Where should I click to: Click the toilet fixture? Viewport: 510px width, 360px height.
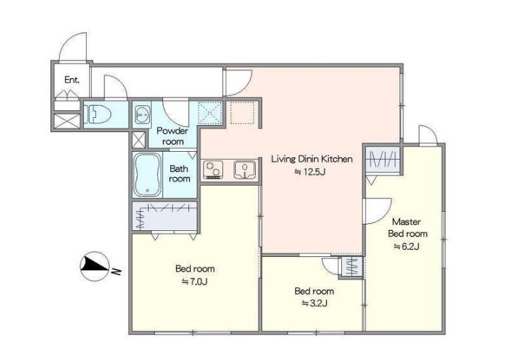tap(97, 114)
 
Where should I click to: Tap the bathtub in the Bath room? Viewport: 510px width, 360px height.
tap(148, 174)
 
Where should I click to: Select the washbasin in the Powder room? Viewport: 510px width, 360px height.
tap(142, 114)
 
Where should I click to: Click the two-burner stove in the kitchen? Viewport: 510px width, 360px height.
tap(213, 170)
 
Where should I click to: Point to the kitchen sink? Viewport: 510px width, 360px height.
tap(244, 169)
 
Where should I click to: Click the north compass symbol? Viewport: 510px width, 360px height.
tap(95, 266)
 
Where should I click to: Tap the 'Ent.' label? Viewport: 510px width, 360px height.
tap(72, 80)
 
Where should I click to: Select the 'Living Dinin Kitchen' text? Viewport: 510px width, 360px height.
tap(312, 159)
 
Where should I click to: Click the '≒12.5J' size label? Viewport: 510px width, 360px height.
tap(309, 172)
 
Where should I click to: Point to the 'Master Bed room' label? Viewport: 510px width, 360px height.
tap(408, 227)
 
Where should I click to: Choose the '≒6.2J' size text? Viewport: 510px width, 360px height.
tap(406, 246)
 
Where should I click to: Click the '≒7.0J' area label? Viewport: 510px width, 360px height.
tap(194, 282)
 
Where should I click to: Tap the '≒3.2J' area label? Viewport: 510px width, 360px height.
tap(314, 303)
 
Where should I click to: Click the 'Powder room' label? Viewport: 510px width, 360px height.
tap(172, 136)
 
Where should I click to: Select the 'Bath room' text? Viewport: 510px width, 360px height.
tap(179, 174)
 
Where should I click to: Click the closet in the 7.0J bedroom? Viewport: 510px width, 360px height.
tap(165, 216)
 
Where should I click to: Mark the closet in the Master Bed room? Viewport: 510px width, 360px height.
tap(382, 159)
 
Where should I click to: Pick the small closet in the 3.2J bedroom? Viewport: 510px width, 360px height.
tap(350, 267)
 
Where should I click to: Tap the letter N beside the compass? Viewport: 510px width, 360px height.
tap(116, 270)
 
